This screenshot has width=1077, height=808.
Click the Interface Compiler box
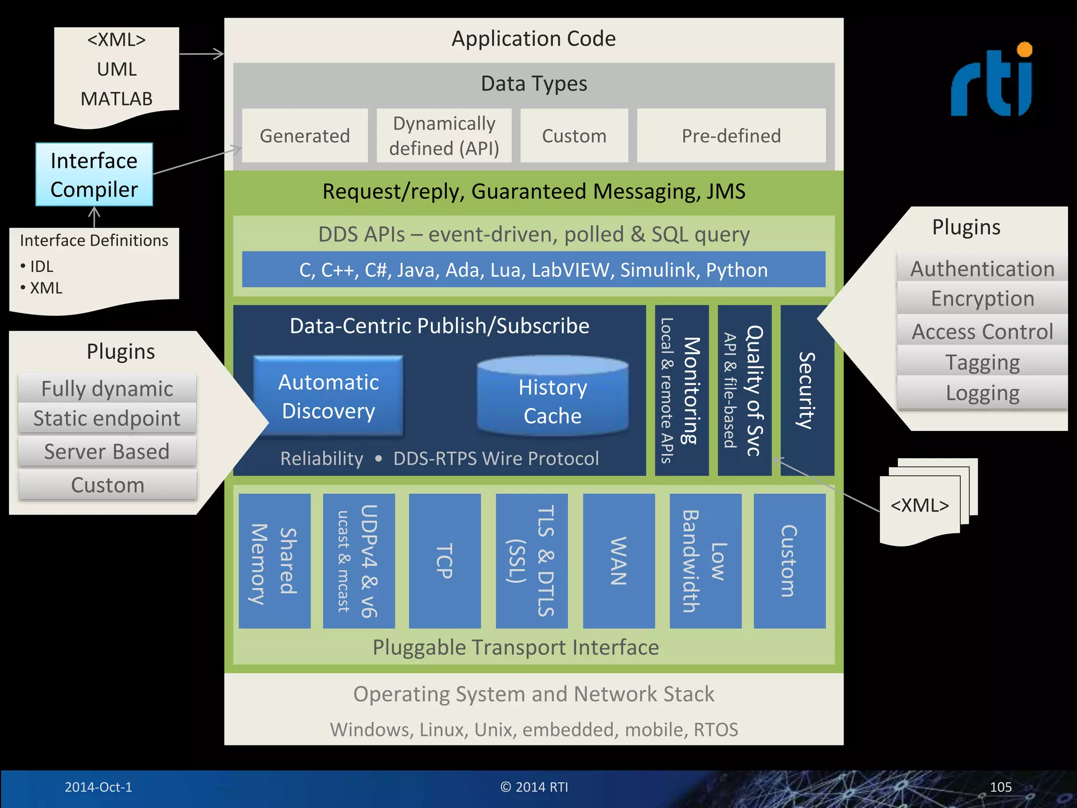pos(94,175)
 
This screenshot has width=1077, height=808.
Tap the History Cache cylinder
pos(552,397)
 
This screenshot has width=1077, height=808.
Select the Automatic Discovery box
pos(329,396)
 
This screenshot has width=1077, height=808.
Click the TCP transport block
pos(445,561)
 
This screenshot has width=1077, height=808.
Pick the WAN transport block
pos(619,561)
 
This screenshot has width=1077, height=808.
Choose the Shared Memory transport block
pos(275,561)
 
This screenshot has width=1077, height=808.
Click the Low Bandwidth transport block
pos(705,561)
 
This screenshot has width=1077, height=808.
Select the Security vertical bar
pos(807,390)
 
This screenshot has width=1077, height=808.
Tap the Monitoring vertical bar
pos(682,390)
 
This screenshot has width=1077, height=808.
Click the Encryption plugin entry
pos(982,298)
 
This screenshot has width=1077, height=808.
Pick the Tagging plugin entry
pos(982,362)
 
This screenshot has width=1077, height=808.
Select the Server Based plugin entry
pos(107,451)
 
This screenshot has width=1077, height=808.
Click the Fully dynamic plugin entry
pos(107,389)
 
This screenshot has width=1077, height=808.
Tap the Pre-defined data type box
pos(731,136)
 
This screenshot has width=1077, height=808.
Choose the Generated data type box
pos(305,136)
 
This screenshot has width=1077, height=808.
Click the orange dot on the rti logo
pos(1024,49)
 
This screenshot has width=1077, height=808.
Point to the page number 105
pos(1000,787)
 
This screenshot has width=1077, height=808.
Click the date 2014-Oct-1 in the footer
pos(98,787)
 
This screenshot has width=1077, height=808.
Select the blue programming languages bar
pos(533,269)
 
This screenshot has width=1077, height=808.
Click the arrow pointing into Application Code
pos(202,54)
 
